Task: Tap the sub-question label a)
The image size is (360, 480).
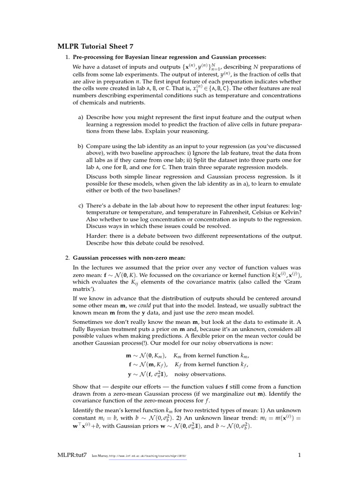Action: [x=81, y=117]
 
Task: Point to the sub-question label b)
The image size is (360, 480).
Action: [x=81, y=146]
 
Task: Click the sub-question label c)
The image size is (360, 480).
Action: [x=81, y=205]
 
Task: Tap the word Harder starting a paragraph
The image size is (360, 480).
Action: [x=97, y=236]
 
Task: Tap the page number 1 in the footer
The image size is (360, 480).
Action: [x=299, y=455]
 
